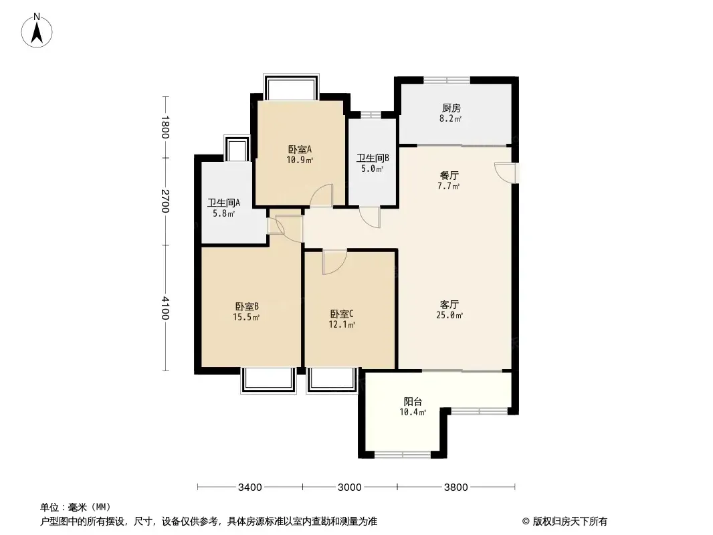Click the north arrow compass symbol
coord(37,31)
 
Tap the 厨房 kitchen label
coord(451,108)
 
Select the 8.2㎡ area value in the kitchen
coord(450,119)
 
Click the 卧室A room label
coord(300,149)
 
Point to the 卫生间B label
coord(373,158)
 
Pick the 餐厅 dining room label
coord(449,175)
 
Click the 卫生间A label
coord(223,203)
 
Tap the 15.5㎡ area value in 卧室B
coord(246,317)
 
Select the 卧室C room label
coord(342,314)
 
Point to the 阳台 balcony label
coord(413,402)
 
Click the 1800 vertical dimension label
coord(165,127)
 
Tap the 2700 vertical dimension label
coord(165,201)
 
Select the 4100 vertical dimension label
coord(165,308)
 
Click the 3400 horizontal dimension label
coord(250,488)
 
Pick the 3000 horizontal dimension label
coord(350,488)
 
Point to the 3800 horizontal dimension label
coord(455,488)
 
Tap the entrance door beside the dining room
coord(506,173)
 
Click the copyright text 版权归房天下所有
coord(569,522)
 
